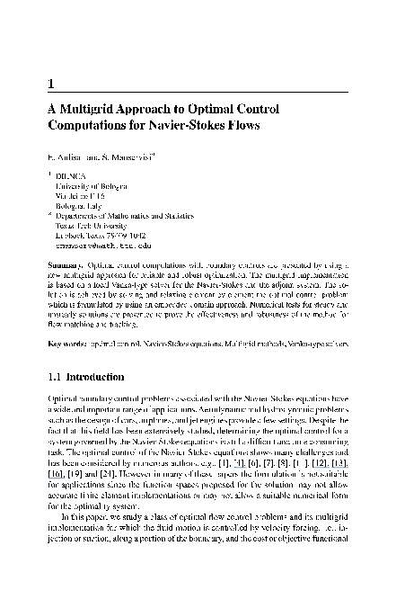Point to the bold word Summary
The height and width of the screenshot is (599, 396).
(68, 267)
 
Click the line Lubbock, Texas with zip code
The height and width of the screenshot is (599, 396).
(100, 238)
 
